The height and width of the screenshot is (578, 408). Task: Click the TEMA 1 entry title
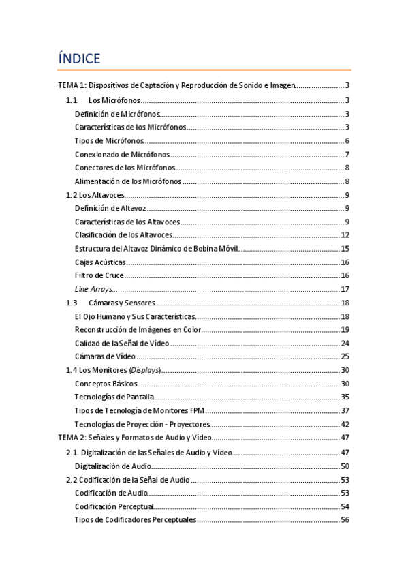coord(177,85)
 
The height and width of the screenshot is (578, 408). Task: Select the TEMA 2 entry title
coord(136,437)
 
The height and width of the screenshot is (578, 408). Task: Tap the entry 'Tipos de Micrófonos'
coord(109,140)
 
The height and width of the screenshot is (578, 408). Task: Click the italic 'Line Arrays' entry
coord(93,289)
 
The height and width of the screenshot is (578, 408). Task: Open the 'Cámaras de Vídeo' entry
coord(106,356)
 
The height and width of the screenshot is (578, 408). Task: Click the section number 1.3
coord(71,303)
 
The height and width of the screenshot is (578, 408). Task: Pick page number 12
coord(345,235)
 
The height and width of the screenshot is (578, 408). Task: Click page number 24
coord(345,343)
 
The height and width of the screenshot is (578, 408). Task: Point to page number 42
coord(345,424)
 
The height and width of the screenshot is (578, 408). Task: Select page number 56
coord(345,520)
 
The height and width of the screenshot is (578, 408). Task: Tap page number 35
coord(345,397)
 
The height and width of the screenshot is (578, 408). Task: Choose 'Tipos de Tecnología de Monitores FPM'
coord(139,410)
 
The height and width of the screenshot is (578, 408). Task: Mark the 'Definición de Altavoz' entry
coord(110,208)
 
